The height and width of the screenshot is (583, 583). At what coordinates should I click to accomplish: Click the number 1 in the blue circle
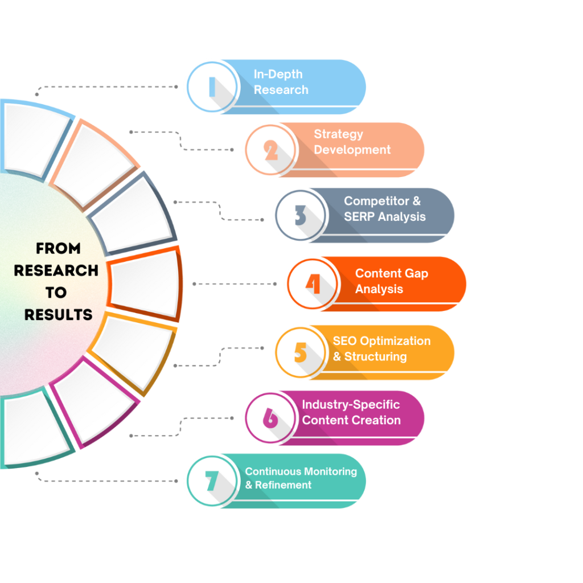(212, 87)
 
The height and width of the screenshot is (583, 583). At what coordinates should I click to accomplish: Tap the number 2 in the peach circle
(270, 150)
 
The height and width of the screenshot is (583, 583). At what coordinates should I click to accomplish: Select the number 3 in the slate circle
(300, 215)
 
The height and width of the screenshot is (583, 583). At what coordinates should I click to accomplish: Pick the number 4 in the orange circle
(313, 284)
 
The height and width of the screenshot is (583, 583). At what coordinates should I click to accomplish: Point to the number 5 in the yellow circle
(301, 352)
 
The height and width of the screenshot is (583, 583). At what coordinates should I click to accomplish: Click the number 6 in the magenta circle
(270, 418)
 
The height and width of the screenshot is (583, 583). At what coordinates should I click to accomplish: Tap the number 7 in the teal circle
(212, 481)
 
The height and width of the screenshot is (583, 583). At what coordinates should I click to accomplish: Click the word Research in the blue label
(281, 90)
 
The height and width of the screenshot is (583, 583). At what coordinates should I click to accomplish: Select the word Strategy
(338, 134)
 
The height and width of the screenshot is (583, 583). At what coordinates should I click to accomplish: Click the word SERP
(359, 216)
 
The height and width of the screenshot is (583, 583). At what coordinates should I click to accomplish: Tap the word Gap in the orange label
(416, 274)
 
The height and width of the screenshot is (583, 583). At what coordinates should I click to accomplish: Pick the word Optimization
(395, 342)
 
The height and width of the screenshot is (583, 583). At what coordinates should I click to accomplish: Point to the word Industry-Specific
(351, 405)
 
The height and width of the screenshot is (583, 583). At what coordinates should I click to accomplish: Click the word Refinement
(284, 485)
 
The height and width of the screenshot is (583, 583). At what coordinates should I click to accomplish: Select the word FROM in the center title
(58, 248)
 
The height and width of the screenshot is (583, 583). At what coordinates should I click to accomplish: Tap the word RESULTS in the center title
(59, 315)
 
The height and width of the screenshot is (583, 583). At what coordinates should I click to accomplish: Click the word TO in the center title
(56, 293)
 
